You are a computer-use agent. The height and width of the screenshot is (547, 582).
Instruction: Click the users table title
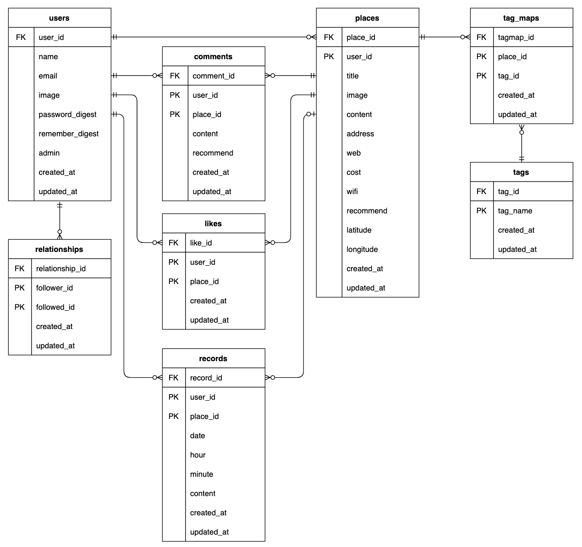[59, 18]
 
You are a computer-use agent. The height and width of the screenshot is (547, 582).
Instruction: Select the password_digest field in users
[67, 114]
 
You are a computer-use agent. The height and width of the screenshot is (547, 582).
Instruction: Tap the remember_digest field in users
[68, 134]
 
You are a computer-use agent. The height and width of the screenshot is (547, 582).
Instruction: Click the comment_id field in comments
[213, 76]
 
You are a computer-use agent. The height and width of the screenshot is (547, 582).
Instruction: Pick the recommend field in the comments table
[213, 153]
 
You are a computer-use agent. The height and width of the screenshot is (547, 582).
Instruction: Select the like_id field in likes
[201, 243]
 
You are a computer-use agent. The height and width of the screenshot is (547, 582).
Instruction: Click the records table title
[213, 358]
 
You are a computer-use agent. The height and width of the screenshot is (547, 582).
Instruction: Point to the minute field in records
[201, 474]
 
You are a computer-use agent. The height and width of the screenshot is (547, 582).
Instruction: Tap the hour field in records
[198, 455]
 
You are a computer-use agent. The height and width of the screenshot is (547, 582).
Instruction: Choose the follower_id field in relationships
[54, 288]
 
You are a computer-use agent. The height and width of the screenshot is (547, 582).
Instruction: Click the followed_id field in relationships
[55, 307]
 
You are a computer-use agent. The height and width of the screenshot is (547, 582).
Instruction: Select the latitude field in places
[359, 230]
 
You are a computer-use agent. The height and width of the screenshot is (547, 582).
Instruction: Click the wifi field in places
[352, 191]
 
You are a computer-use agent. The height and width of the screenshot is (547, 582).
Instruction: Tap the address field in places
[360, 134]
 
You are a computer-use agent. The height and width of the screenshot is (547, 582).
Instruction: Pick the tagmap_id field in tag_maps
[516, 37]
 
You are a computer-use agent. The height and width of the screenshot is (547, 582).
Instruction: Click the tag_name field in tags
[515, 211]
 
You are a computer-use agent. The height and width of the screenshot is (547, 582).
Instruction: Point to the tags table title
[521, 172]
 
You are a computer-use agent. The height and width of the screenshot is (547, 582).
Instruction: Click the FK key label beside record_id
[173, 378]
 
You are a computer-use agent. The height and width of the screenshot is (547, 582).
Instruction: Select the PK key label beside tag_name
[481, 211]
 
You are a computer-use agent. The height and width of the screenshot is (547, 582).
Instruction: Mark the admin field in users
[49, 153]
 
